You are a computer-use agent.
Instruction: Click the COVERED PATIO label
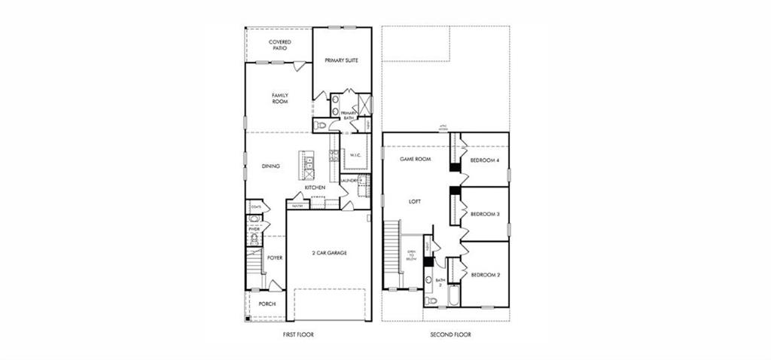click(279, 44)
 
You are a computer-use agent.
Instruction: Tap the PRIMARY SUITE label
click(340, 59)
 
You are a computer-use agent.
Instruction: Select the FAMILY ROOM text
click(280, 98)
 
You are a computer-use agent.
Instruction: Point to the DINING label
click(271, 166)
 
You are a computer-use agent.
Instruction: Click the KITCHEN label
click(315, 187)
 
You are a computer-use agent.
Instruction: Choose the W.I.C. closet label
click(356, 155)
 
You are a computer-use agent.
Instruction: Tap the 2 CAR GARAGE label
click(329, 253)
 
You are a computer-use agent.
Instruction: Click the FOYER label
click(275, 258)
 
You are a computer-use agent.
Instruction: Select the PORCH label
click(267, 304)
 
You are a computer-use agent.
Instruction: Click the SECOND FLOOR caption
click(450, 334)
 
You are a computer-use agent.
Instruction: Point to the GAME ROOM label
click(414, 160)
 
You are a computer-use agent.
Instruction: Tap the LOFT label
click(414, 202)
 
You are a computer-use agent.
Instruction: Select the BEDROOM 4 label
click(486, 160)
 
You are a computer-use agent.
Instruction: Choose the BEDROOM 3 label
click(486, 214)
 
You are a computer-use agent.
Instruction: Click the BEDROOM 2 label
click(486, 275)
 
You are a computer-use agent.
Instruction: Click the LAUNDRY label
click(352, 181)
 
